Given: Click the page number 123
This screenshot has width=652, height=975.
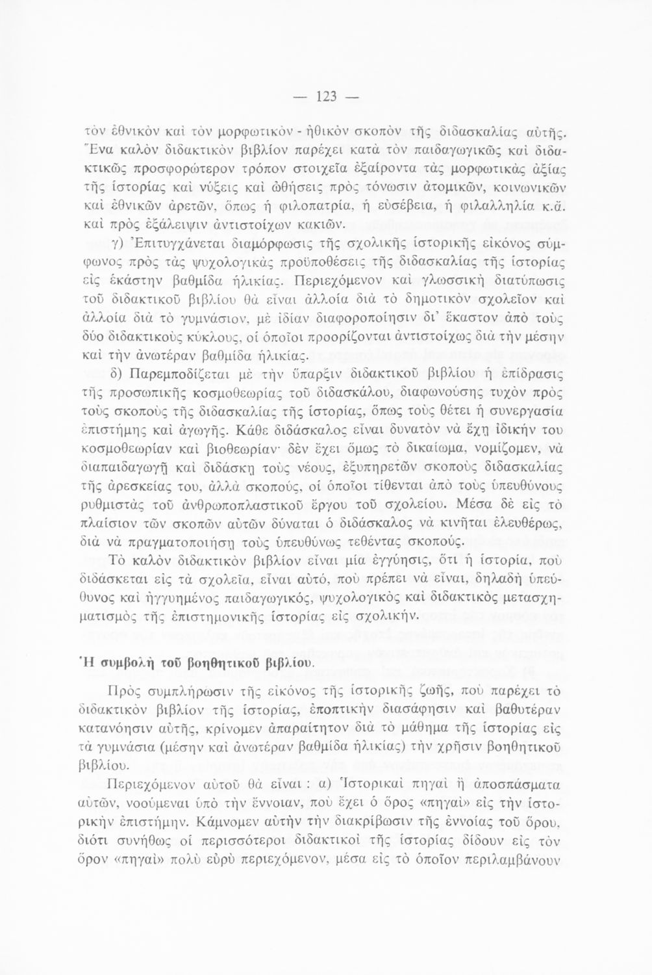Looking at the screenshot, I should coord(326,97).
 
